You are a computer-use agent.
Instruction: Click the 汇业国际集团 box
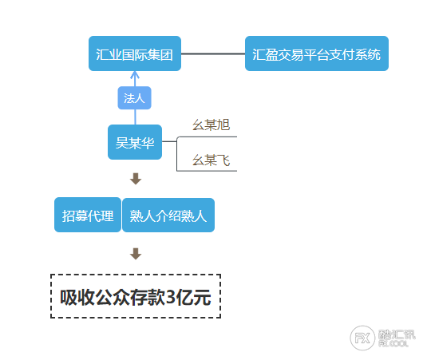point(135,53)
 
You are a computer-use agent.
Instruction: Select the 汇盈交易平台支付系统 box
point(317,53)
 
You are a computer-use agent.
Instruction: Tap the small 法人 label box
point(135,98)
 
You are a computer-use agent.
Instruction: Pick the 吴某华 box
point(135,142)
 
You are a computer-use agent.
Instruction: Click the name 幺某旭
point(211,125)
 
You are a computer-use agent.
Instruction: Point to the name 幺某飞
point(211,160)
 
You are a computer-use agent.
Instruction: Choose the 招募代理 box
point(88,215)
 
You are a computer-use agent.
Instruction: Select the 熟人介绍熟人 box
point(168,216)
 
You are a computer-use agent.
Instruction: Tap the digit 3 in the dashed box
point(171,297)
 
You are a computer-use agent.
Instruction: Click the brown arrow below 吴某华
point(136,179)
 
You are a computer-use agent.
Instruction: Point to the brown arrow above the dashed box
point(136,254)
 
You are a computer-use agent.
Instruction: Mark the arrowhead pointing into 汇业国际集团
point(135,74)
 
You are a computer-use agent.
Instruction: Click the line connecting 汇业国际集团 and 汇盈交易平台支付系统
point(213,53)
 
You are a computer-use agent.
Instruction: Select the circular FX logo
point(362,338)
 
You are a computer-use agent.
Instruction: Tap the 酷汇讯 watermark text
point(397,334)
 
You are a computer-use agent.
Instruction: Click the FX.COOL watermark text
point(393,344)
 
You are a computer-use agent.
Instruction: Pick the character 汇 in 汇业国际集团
point(102,54)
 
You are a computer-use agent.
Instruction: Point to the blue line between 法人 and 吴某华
point(135,117)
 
